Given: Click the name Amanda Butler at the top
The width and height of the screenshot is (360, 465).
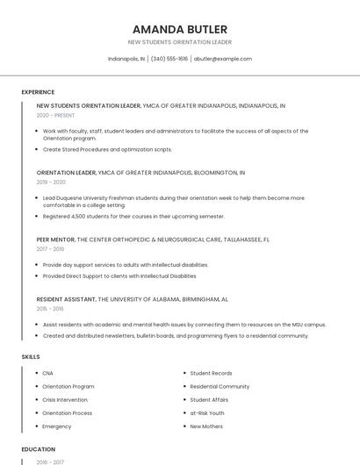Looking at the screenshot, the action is click(x=180, y=29).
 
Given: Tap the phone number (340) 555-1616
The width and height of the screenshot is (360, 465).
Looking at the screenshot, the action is click(x=169, y=59).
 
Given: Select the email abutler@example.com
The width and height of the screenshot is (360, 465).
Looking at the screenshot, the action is click(x=223, y=59).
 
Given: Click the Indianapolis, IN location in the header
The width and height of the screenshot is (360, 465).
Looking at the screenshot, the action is click(x=126, y=59).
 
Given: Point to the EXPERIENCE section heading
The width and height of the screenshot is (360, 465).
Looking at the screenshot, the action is click(x=38, y=92).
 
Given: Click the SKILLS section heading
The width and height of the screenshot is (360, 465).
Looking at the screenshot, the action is click(x=31, y=357).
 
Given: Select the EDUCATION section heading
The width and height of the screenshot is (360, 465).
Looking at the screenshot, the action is click(x=39, y=449).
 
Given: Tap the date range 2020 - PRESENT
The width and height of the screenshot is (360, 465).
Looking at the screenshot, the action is click(x=55, y=115).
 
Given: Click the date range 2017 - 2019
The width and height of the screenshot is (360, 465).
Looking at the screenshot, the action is click(x=51, y=248).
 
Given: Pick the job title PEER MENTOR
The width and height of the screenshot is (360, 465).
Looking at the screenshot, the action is click(x=55, y=239).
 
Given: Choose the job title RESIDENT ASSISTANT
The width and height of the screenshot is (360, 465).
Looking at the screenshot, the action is click(x=67, y=299).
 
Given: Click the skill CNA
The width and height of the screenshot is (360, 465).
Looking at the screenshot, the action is click(x=47, y=373).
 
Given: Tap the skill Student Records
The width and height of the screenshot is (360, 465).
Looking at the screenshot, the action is click(x=211, y=373).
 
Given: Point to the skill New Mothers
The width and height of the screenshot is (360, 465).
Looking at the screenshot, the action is click(x=207, y=426).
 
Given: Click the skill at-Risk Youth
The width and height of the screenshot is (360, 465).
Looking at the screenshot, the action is click(x=207, y=412).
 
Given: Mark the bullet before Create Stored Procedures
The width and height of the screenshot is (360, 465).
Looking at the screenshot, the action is click(x=37, y=149).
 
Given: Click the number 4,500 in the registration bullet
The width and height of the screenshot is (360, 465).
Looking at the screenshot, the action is click(x=77, y=216).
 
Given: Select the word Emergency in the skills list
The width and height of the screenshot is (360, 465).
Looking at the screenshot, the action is click(x=57, y=426).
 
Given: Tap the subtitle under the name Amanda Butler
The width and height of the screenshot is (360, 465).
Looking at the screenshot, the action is click(x=180, y=42).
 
